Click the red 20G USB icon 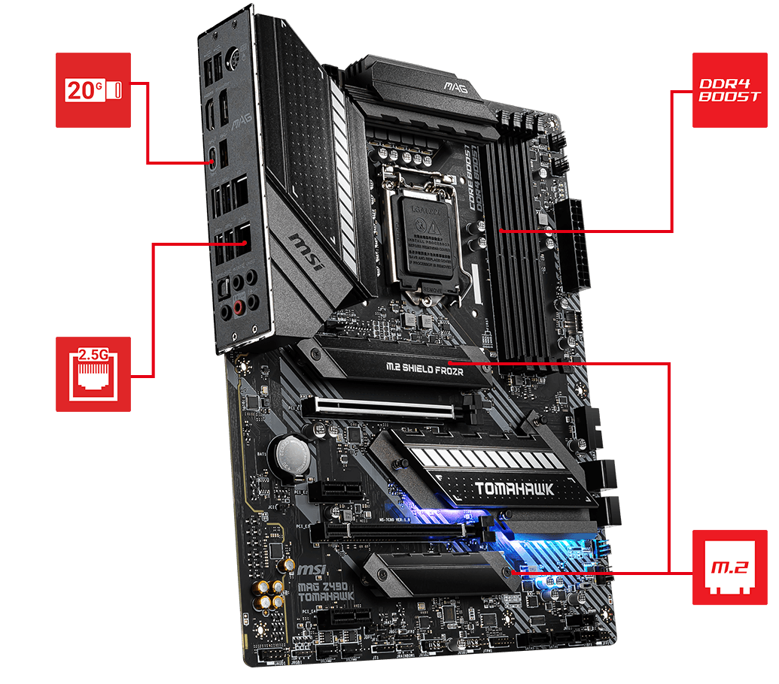click(93, 89)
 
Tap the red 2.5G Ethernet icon click(93, 374)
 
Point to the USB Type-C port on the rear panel click(215, 157)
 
